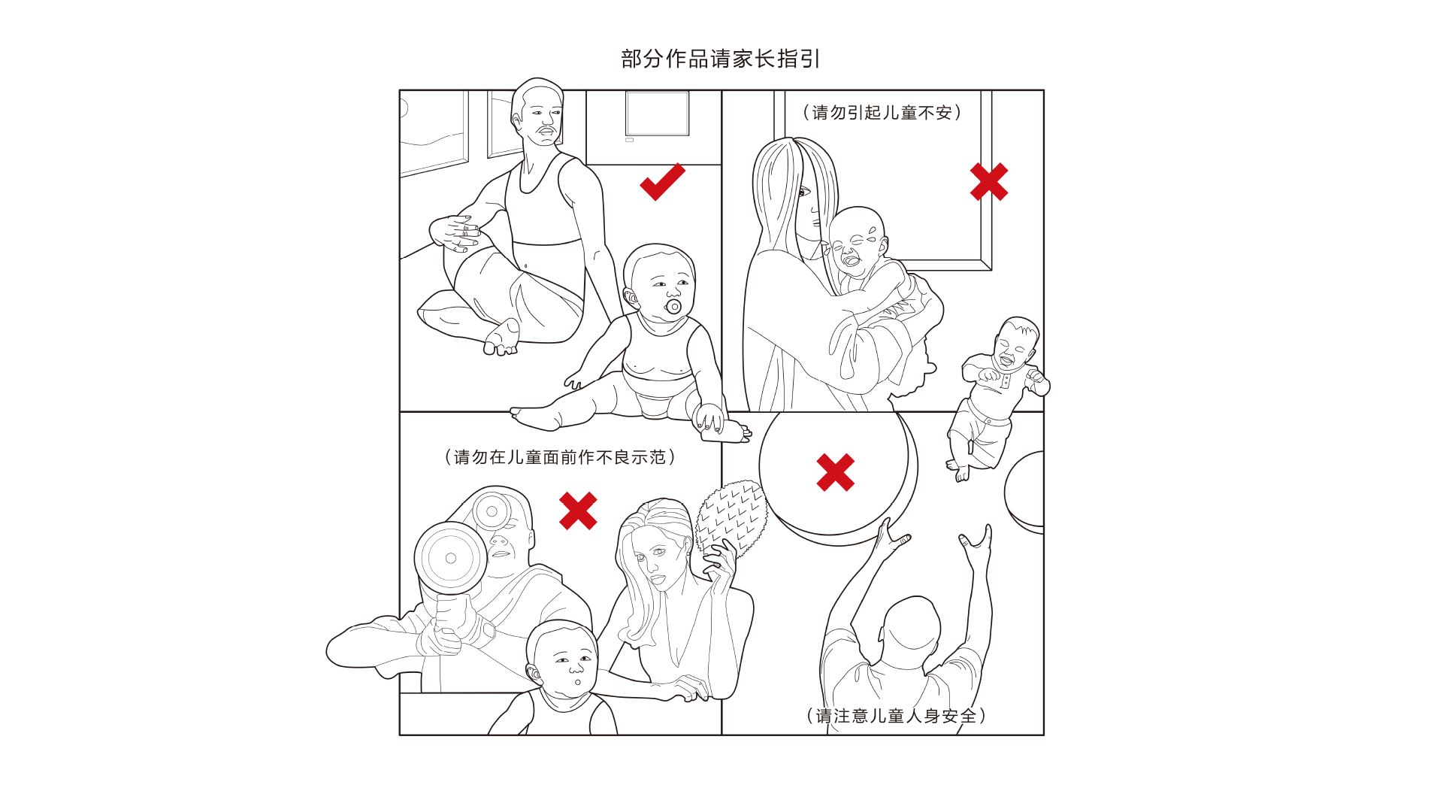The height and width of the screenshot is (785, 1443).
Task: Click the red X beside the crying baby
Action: [x=989, y=182]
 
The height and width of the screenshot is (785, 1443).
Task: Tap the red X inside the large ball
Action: [x=836, y=472]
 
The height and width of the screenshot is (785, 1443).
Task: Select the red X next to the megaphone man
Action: [x=578, y=511]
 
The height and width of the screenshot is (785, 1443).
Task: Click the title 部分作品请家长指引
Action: [x=721, y=59]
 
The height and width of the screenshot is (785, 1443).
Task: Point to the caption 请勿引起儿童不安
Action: [x=882, y=113]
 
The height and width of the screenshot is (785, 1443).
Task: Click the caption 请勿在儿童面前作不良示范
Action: [x=560, y=457]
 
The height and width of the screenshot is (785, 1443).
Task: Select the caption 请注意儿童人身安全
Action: [x=896, y=716]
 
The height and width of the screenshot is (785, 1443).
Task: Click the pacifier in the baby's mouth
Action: [x=673, y=306]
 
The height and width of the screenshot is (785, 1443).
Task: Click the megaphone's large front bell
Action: [x=450, y=558]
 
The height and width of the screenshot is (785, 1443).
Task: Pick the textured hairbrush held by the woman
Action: [x=731, y=519]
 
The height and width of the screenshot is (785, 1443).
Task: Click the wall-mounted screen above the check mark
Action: [x=658, y=114]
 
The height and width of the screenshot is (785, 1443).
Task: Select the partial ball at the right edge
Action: [x=1024, y=493]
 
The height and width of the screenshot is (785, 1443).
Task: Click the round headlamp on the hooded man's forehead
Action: [x=492, y=511]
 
